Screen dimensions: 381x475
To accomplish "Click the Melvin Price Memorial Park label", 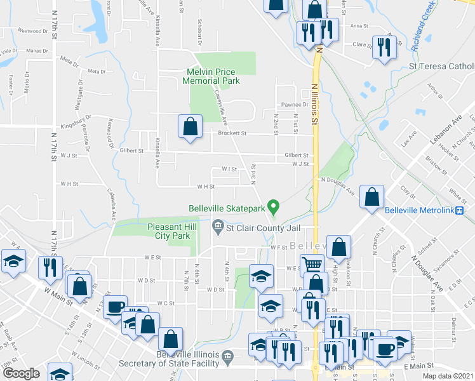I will (211, 76).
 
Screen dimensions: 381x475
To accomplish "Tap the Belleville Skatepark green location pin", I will (274, 206).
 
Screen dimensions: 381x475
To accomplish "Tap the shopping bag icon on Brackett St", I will (190, 126).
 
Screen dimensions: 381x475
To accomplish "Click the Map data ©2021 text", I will (448, 376).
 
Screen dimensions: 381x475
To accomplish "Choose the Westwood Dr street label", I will (34, 30).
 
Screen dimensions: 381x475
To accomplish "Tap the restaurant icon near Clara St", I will (384, 48).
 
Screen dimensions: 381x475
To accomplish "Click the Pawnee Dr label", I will (295, 105).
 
